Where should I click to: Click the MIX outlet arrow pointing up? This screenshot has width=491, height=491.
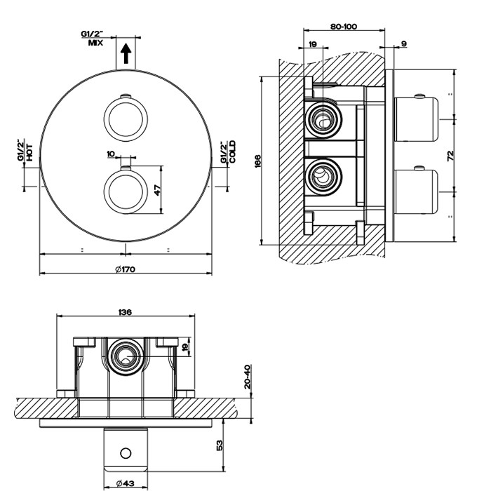click(126, 53)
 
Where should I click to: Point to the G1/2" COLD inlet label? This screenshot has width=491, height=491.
click(227, 152)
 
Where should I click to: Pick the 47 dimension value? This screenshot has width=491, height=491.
click(157, 189)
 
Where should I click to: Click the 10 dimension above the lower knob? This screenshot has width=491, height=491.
click(110, 153)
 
